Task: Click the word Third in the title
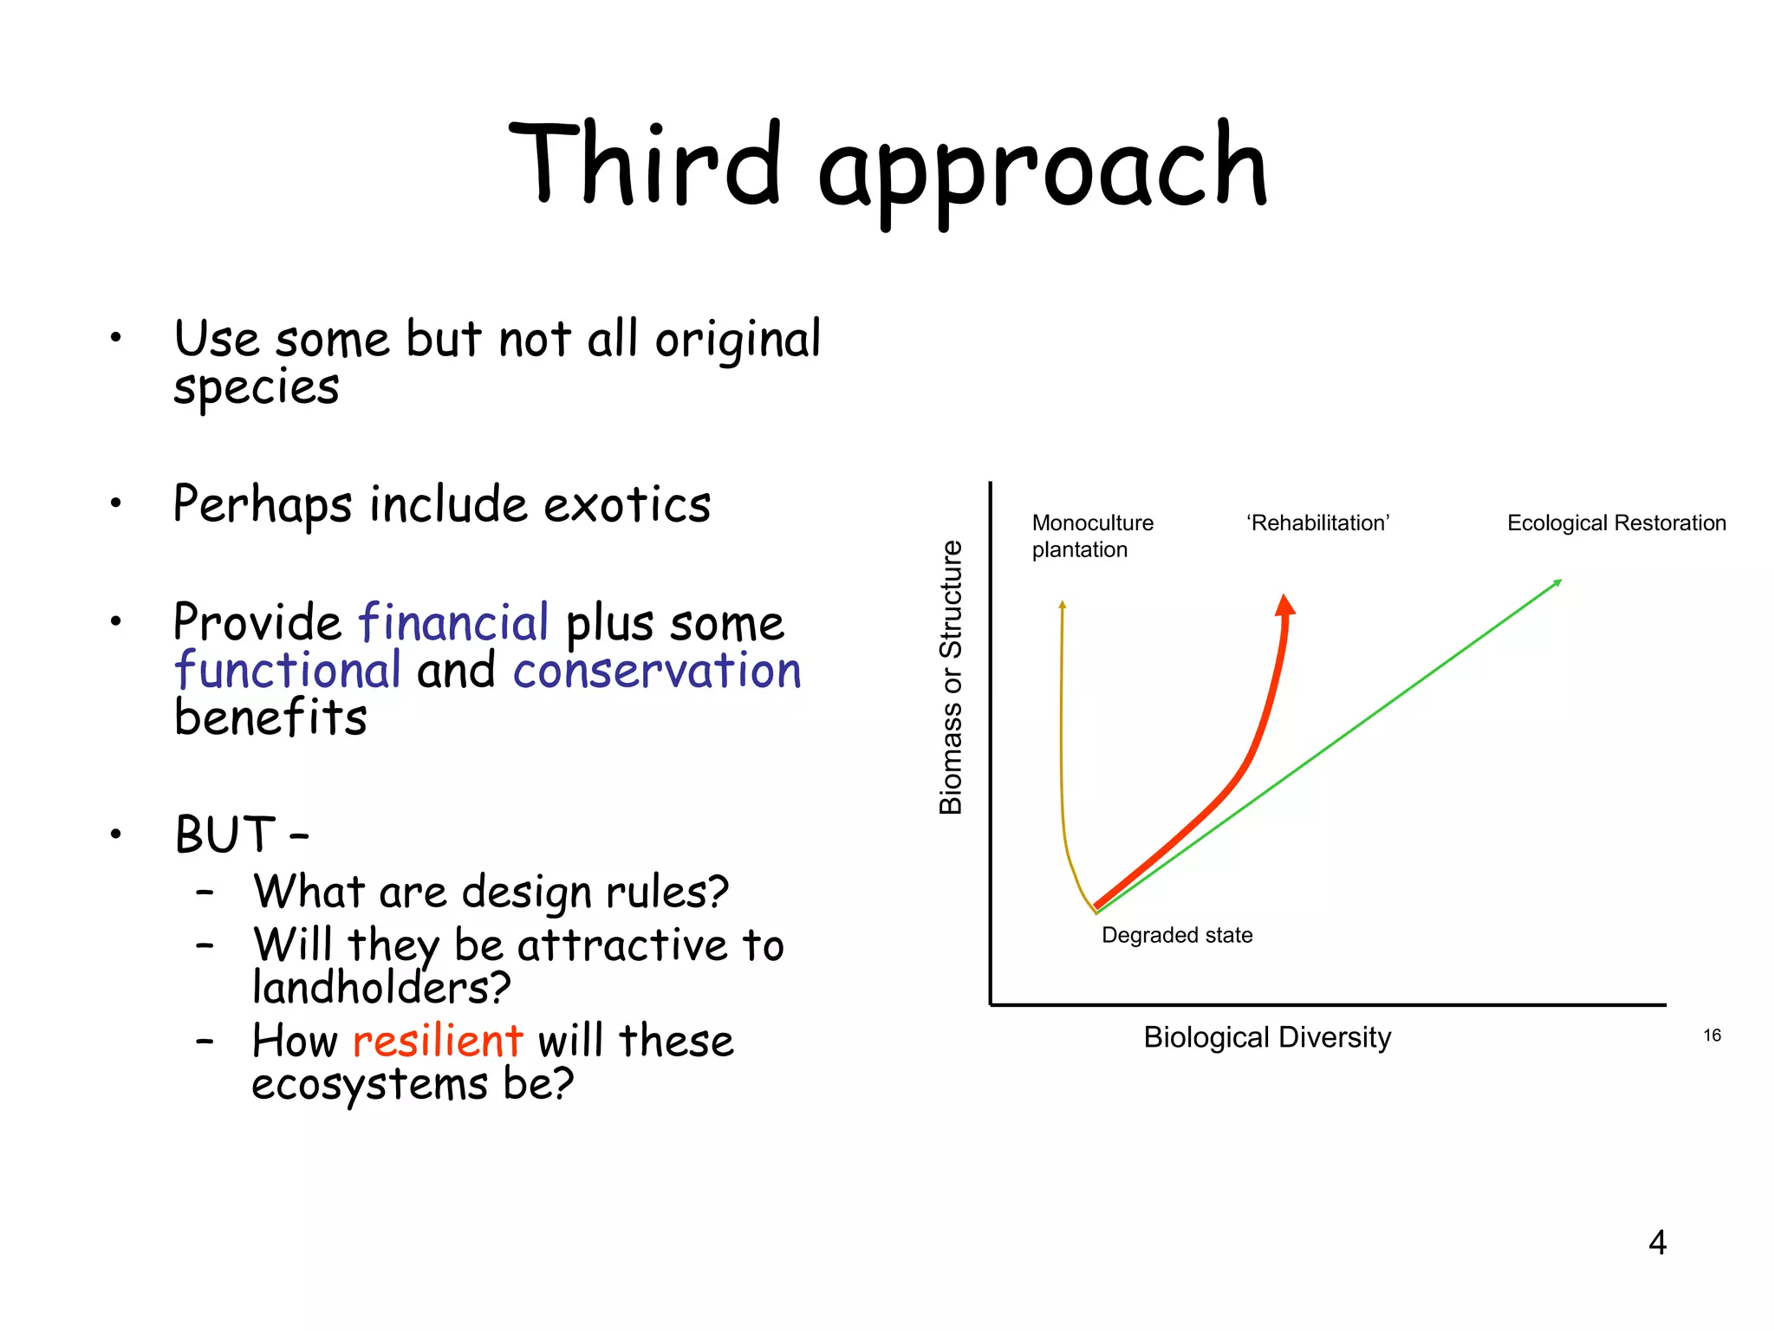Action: (x=646, y=165)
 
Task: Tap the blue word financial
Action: (x=453, y=622)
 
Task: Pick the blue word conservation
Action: (x=657, y=672)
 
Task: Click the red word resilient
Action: (x=438, y=1040)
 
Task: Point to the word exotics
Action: (x=627, y=504)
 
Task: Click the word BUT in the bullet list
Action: (x=224, y=834)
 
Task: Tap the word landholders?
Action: (x=381, y=988)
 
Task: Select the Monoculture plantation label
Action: (x=1092, y=536)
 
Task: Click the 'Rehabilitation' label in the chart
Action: (x=1317, y=523)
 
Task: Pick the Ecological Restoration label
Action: (x=1616, y=523)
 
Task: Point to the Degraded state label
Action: (x=1177, y=935)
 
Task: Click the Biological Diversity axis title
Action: (x=1267, y=1037)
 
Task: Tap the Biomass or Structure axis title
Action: (x=951, y=677)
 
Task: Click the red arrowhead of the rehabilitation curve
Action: (x=1285, y=604)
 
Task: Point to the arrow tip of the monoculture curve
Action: (x=1063, y=604)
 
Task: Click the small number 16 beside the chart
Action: (x=1712, y=1036)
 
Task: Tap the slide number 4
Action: (x=1657, y=1243)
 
